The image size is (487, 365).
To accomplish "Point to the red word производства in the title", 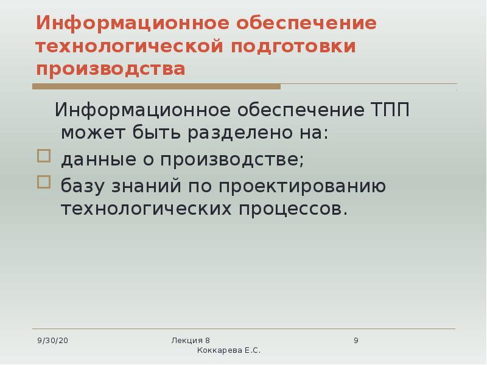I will point(110,68).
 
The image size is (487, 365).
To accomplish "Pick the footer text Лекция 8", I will point(191,339).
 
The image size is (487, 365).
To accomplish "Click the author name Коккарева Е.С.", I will point(229,351).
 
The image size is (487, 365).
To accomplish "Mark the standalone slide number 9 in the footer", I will point(356,339).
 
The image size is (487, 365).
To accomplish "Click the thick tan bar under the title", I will point(156,87).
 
